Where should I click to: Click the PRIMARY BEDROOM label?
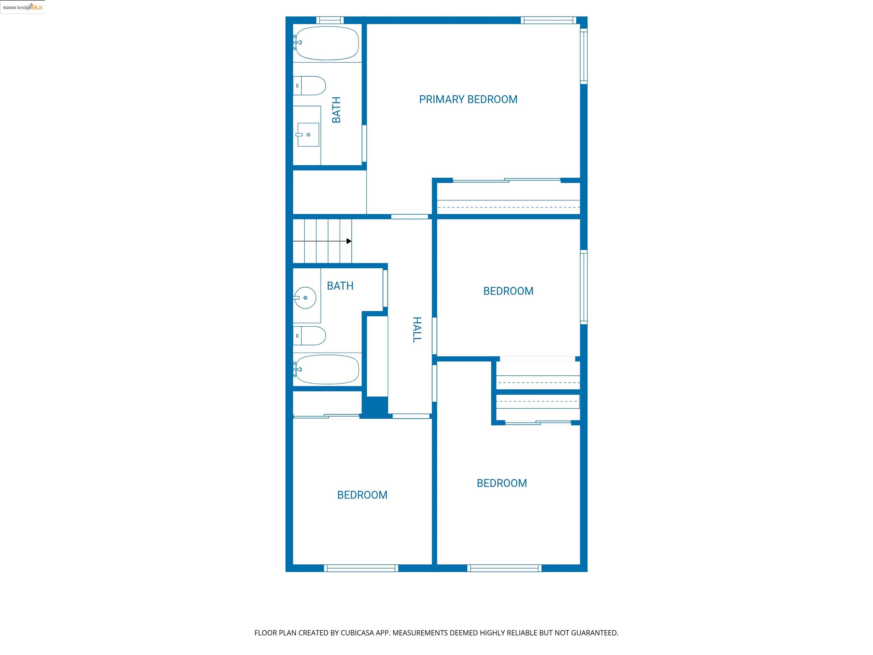[468, 100]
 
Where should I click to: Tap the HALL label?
[417, 330]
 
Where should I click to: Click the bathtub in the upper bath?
[327, 43]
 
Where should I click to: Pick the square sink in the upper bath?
[308, 135]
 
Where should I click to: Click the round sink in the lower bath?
[305, 298]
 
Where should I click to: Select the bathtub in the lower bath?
[327, 369]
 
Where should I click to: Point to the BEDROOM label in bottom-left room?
[362, 495]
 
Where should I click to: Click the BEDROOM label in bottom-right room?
[502, 483]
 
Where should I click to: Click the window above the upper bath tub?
[330, 20]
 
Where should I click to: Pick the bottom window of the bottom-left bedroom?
[361, 568]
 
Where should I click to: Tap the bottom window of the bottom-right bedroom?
[504, 568]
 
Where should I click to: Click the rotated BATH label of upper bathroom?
[336, 110]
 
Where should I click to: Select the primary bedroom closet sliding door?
[506, 181]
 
